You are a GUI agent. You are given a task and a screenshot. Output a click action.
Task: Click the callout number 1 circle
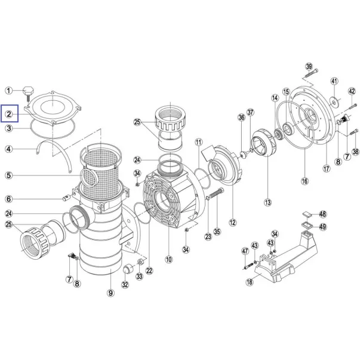(9, 91)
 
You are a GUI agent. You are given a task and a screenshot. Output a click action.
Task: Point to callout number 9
(110, 293)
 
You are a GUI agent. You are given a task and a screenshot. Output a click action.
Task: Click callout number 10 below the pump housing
(169, 259)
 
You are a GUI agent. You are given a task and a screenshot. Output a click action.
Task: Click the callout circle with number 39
(309, 66)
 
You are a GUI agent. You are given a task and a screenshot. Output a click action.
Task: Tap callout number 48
(323, 214)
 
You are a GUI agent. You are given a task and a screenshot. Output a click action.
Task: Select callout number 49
(323, 226)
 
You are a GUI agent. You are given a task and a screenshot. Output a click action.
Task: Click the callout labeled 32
(125, 285)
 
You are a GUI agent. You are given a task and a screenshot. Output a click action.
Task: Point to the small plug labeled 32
(127, 271)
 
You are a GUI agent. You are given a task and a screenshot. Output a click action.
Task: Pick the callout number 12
(232, 223)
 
